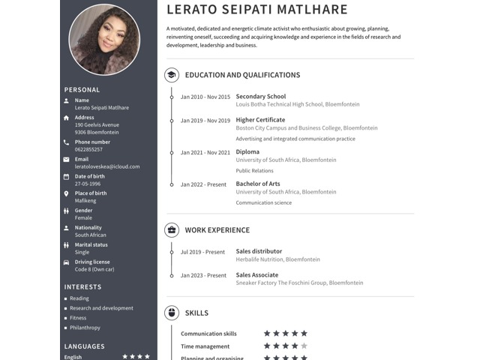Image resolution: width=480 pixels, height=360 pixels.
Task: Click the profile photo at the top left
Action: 104,39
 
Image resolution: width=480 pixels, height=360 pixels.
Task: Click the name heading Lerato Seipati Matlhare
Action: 257,10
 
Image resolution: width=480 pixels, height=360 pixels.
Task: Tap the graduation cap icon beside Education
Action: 172,75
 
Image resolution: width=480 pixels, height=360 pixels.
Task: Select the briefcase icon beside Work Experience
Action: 172,230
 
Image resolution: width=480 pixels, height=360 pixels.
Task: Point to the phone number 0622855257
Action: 88,149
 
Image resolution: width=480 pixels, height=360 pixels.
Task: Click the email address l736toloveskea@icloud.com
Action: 107,166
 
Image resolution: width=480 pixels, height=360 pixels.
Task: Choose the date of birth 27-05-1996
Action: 88,184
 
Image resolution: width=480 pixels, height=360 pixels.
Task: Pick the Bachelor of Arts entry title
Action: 258,184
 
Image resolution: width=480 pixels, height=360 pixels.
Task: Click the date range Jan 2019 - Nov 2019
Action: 205,121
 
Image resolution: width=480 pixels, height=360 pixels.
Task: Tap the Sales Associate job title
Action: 257,275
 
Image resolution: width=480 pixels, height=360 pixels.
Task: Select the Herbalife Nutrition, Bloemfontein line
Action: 277,259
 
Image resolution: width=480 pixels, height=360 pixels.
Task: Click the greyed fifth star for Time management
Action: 304,346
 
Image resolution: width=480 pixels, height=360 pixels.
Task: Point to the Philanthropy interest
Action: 85,328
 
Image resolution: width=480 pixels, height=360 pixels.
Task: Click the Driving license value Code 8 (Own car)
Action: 94,269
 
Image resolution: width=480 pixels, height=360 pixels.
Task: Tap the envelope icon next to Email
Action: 67,159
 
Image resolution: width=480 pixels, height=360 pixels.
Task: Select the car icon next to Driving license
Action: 67,262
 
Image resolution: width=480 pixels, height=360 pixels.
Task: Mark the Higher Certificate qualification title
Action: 260,120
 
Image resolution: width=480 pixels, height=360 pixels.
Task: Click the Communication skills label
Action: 208,334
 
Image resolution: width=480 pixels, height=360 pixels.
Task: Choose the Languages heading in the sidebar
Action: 85,346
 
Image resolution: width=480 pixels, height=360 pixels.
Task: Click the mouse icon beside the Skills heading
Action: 172,313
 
